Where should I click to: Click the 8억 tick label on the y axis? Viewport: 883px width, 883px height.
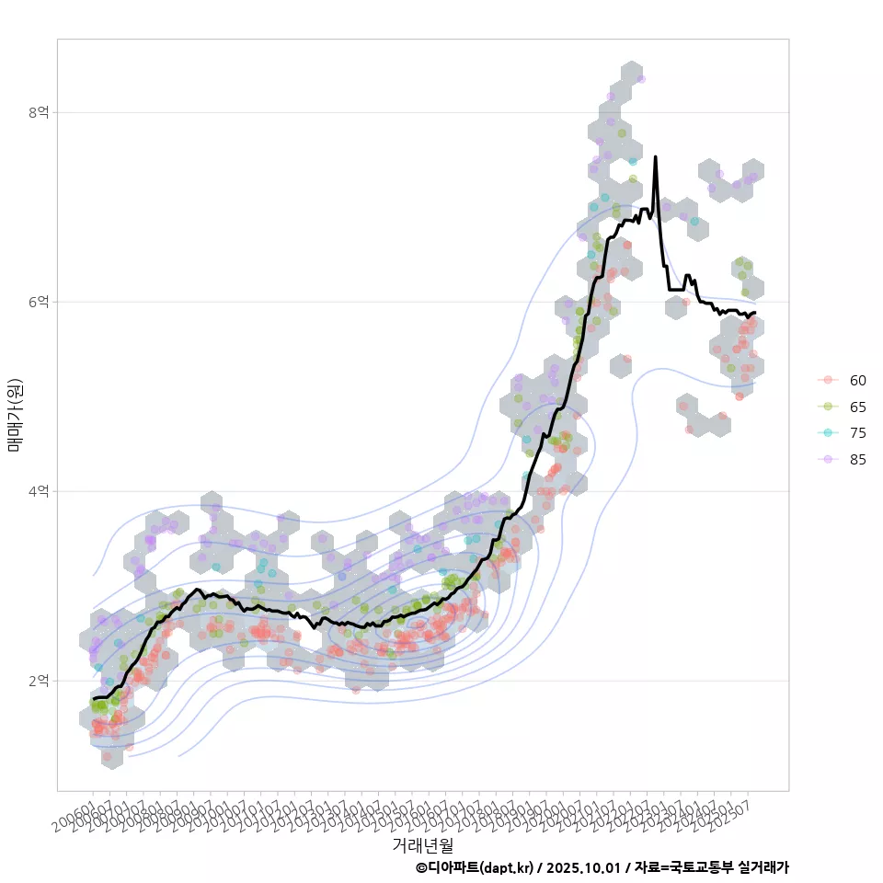(39, 112)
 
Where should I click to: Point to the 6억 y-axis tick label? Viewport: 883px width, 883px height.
(39, 302)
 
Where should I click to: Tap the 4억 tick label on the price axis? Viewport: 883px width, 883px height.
(39, 491)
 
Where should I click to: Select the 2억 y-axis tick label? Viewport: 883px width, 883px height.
(39, 681)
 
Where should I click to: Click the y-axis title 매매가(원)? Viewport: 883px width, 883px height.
(15, 415)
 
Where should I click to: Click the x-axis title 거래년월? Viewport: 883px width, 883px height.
(423, 844)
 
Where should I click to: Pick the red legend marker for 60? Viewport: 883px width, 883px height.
(828, 380)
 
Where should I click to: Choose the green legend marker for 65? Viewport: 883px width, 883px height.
(828, 407)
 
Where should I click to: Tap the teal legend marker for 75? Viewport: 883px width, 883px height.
(828, 433)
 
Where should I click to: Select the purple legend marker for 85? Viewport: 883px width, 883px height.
(828, 460)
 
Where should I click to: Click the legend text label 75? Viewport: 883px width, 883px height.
(857, 433)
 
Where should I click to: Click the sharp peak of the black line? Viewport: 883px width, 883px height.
(655, 157)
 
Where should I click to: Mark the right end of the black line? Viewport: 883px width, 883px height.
(754, 313)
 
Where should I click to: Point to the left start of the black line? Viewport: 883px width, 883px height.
(94, 699)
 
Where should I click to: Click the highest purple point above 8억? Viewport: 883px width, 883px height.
(641, 79)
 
